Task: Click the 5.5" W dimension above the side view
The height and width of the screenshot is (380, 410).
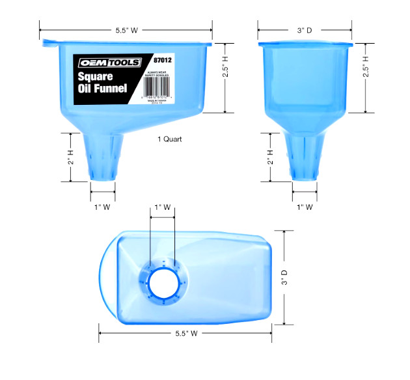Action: tap(126, 29)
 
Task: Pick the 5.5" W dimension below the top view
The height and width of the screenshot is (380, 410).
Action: tap(186, 333)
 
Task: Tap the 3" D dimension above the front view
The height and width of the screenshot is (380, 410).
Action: tap(305, 29)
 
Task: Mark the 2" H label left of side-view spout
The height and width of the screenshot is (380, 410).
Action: tap(71, 157)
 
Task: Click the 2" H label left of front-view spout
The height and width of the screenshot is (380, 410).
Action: tap(269, 157)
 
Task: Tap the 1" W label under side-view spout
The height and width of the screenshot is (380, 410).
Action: tap(103, 207)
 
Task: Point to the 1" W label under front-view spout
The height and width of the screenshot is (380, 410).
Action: tap(305, 207)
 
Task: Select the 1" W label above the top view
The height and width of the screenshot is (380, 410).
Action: tap(162, 207)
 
